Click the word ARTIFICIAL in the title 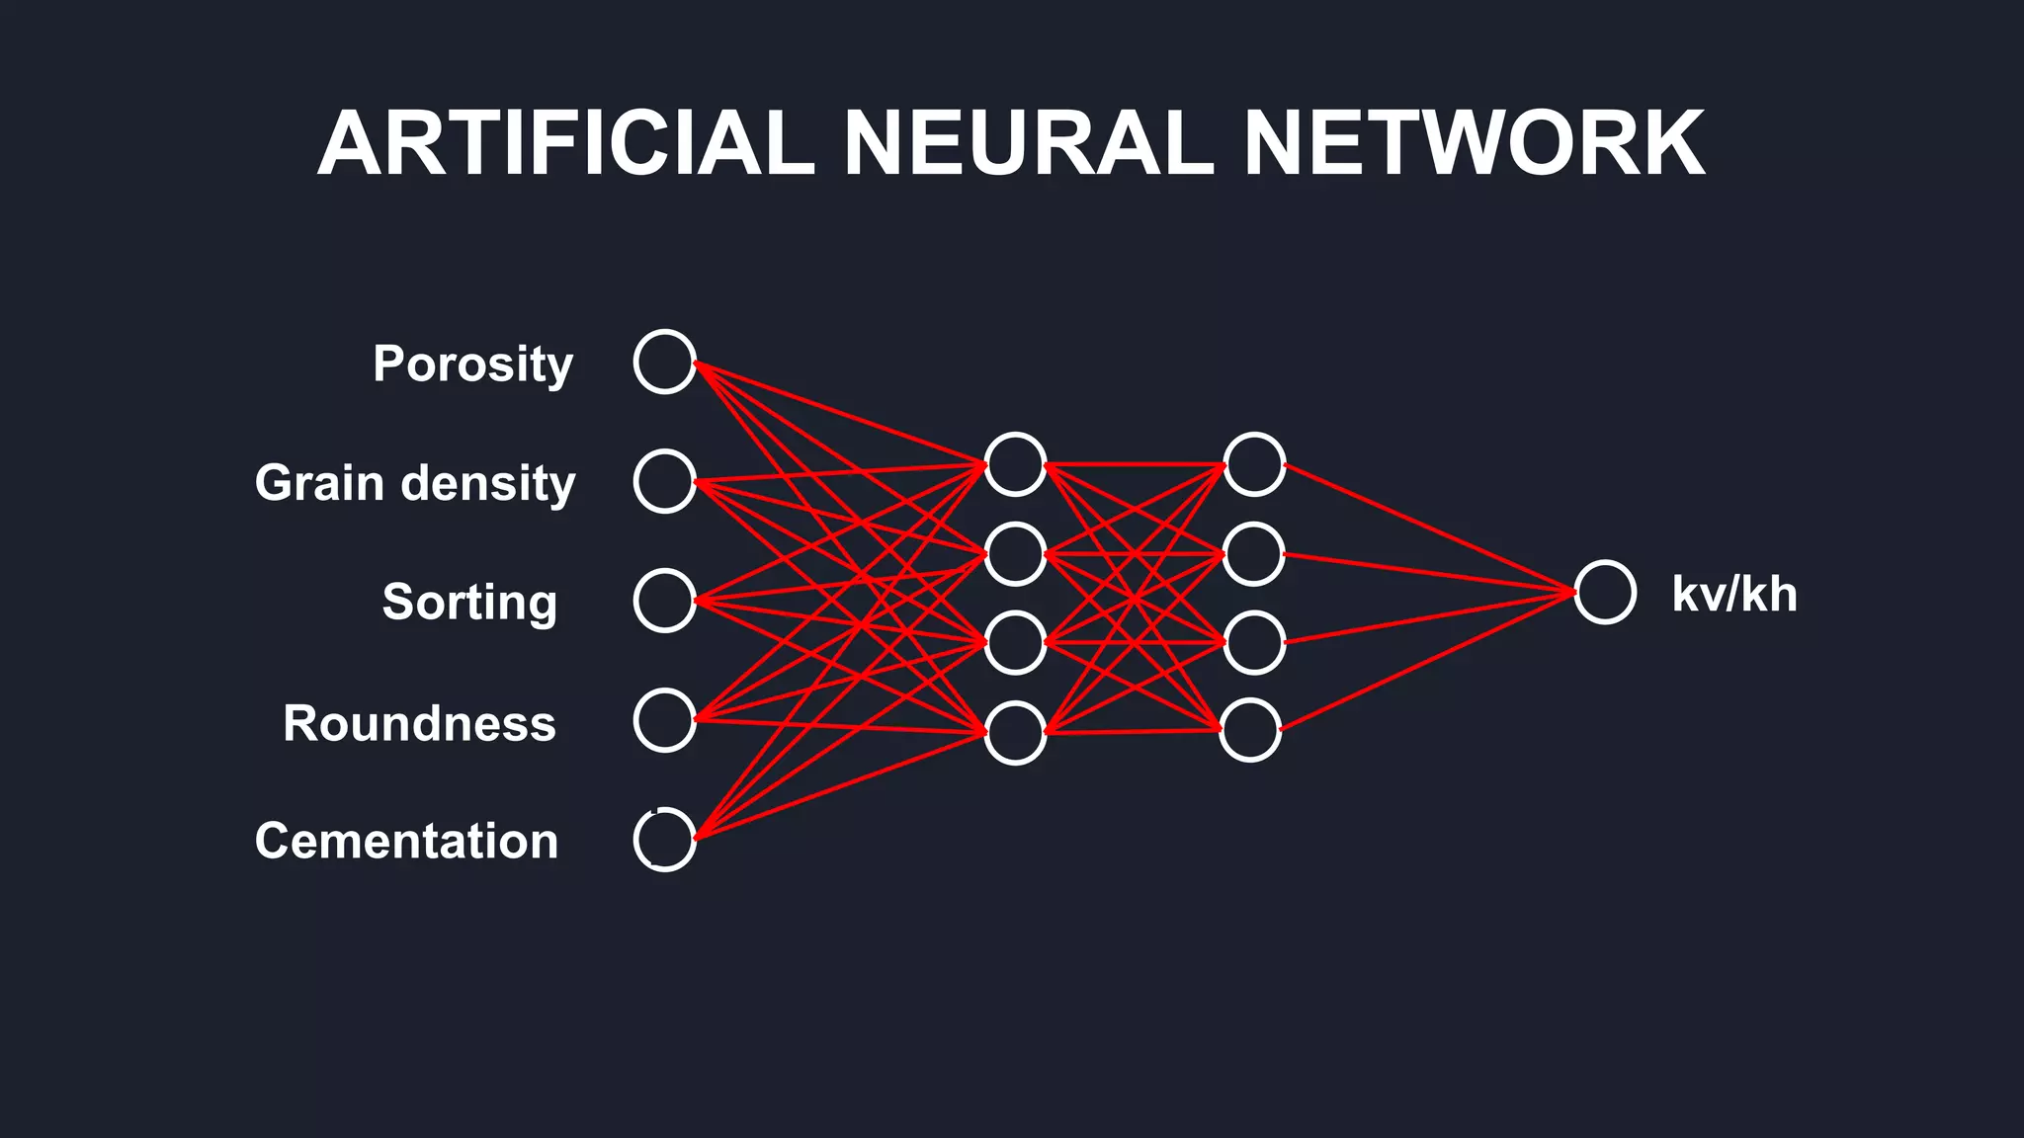pyautogui.click(x=565, y=144)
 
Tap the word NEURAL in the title pyautogui.click(x=1029, y=144)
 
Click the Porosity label pyautogui.click(x=472, y=365)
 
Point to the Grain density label pyautogui.click(x=415, y=483)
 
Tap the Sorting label pyautogui.click(x=469, y=603)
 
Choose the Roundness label pyautogui.click(x=419, y=723)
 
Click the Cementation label pyautogui.click(x=406, y=841)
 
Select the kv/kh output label pyautogui.click(x=1733, y=595)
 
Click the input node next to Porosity pyautogui.click(x=664, y=362)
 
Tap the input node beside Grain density pyautogui.click(x=664, y=481)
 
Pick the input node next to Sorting pyautogui.click(x=664, y=601)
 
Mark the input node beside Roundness pyautogui.click(x=664, y=720)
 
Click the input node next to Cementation pyautogui.click(x=664, y=840)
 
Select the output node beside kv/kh pyautogui.click(x=1604, y=593)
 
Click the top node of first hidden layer pyautogui.click(x=1015, y=464)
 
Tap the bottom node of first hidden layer pyautogui.click(x=1015, y=733)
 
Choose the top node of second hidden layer pyautogui.click(x=1254, y=464)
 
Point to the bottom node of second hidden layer pyautogui.click(x=1250, y=730)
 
